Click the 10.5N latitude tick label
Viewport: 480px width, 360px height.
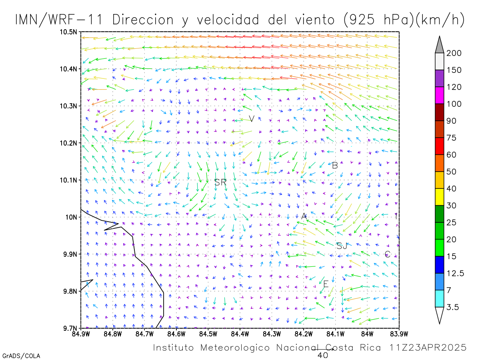(x=68, y=32)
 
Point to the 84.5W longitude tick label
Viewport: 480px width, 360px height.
(x=208, y=334)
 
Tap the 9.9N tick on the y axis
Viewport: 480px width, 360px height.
(x=70, y=254)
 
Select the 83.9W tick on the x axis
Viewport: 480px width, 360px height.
(x=399, y=334)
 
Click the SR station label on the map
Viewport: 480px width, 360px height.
(x=220, y=182)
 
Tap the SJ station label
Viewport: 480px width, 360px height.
(x=342, y=246)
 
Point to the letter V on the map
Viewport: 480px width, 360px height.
(x=252, y=119)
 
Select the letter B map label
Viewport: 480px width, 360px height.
(x=335, y=166)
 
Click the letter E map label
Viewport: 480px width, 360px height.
(x=326, y=284)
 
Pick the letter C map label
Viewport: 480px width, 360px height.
(x=387, y=254)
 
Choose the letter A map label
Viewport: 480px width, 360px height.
(x=304, y=216)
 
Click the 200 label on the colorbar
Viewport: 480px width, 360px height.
(x=454, y=53)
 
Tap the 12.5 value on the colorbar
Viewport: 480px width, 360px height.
(x=455, y=273)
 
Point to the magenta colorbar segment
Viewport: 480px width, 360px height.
(x=439, y=95)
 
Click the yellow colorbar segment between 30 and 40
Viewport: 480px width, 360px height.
(x=439, y=197)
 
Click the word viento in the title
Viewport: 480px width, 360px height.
(x=315, y=20)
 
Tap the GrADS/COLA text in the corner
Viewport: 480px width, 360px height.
(x=21, y=356)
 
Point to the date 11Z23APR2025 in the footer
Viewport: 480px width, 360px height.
(x=428, y=348)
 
